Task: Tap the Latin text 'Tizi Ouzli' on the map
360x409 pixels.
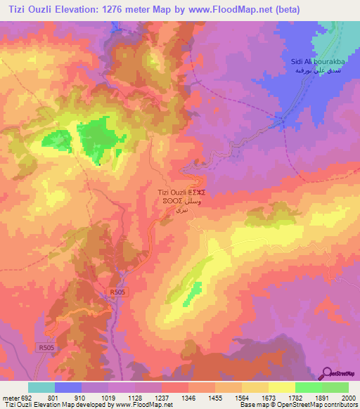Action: point(172,192)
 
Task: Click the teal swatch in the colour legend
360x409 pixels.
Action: point(41,387)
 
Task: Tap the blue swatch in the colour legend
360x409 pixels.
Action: point(68,387)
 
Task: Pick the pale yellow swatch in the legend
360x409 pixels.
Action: point(281,387)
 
